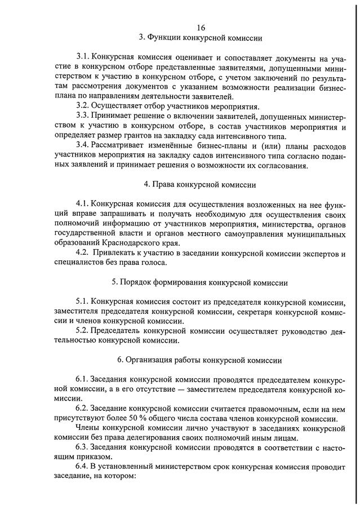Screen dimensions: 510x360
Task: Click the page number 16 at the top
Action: tap(201, 28)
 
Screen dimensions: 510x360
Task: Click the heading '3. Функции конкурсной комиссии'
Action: tap(201, 38)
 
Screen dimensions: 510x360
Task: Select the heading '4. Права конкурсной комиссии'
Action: tap(201, 184)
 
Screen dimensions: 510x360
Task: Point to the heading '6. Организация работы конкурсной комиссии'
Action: tap(201, 359)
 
